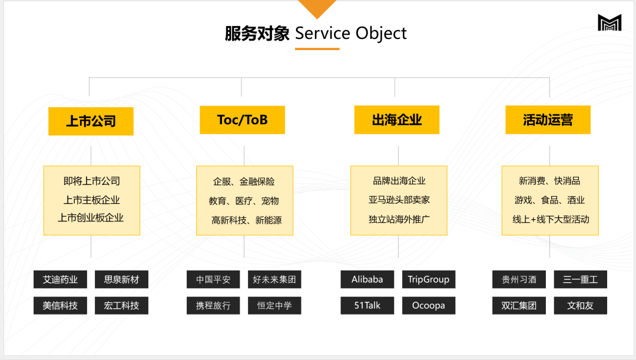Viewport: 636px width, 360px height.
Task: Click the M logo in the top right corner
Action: [x=609, y=23]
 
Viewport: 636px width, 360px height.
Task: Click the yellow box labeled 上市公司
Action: [x=91, y=121]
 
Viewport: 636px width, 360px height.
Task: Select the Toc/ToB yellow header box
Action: [x=242, y=120]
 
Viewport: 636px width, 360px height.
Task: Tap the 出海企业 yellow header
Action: [x=397, y=120]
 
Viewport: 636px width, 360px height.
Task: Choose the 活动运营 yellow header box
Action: [x=548, y=120]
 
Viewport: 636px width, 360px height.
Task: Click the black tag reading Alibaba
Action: [x=367, y=279]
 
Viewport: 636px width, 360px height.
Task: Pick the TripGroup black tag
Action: [x=429, y=279]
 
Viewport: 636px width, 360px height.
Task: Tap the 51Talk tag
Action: [x=367, y=305]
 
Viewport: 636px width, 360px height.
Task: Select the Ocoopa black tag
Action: [x=429, y=305]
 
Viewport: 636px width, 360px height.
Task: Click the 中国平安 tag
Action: [x=213, y=279]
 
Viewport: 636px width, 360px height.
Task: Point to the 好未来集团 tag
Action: [x=274, y=279]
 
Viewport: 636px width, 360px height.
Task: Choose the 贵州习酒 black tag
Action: [x=519, y=279]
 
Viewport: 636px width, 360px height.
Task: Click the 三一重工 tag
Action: [x=580, y=279]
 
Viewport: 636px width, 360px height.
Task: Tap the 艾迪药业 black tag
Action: [x=60, y=279]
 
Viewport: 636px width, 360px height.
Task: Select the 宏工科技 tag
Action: [x=121, y=305]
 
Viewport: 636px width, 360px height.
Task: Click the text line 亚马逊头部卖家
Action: [x=399, y=200]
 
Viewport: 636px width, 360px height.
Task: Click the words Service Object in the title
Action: [x=350, y=33]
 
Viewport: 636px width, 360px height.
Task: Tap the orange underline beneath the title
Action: [x=317, y=49]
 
